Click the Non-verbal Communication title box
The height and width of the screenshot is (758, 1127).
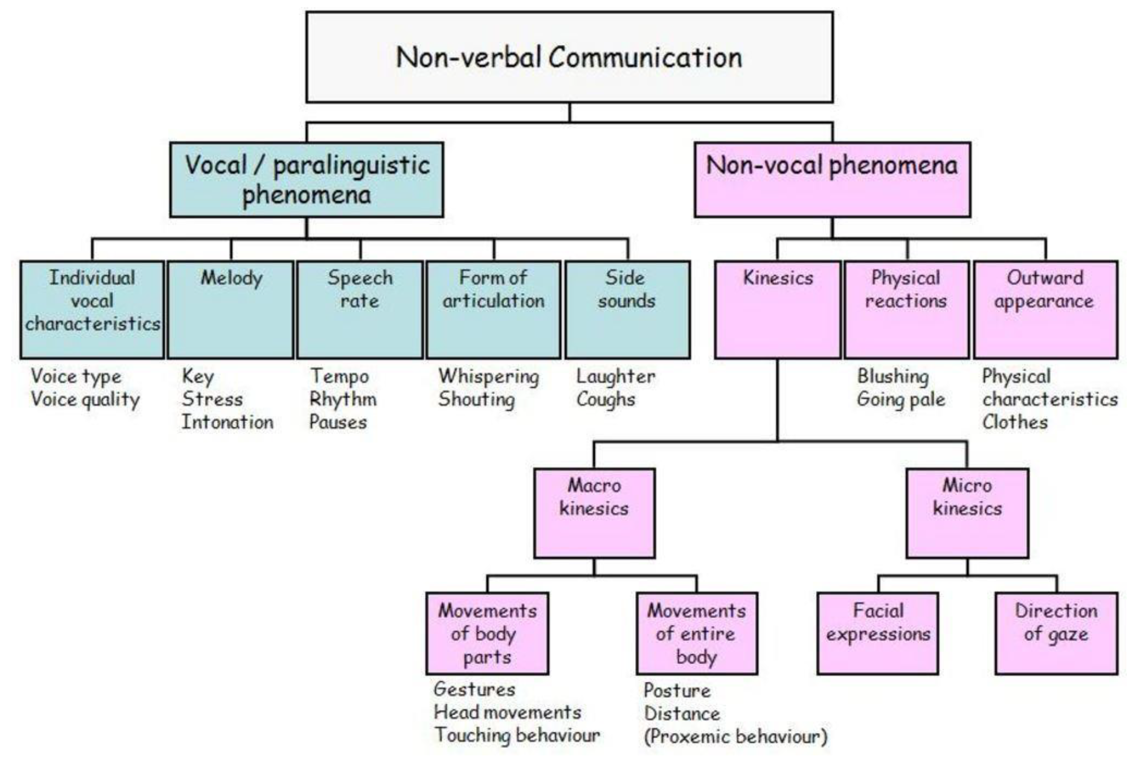tap(569, 57)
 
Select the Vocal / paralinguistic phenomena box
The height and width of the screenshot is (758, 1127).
tap(307, 179)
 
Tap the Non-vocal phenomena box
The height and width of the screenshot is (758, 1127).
tap(832, 179)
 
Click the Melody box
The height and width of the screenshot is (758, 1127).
tap(231, 309)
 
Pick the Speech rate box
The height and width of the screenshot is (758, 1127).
tap(360, 309)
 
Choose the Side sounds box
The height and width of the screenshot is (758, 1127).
tap(627, 309)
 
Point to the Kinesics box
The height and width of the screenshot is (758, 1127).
tap(777, 309)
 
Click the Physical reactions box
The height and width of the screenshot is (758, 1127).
tap(906, 309)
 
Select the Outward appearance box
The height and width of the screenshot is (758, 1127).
tap(1045, 309)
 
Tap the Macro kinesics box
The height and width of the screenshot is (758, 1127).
tap(594, 512)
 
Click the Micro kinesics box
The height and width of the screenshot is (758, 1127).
tap(967, 512)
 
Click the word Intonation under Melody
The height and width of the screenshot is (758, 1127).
tap(227, 422)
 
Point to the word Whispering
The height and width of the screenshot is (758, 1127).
tap(488, 376)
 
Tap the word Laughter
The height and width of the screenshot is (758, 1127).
tap(615, 376)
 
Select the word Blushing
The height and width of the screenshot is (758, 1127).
tap(893, 376)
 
